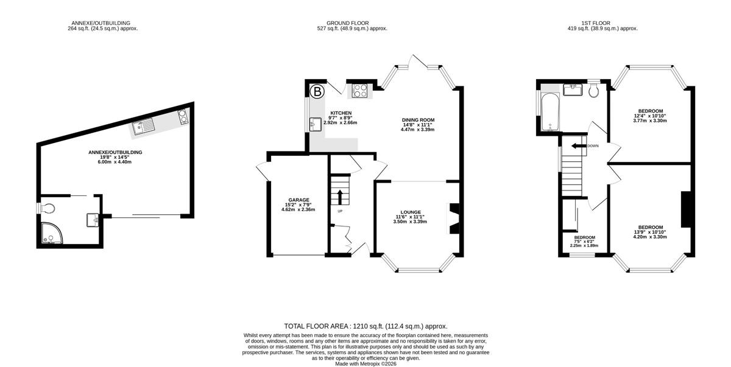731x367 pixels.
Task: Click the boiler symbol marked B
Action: click(317, 91)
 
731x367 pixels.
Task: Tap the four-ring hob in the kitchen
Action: click(359, 91)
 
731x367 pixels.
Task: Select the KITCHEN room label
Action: click(341, 113)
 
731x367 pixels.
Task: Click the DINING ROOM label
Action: click(418, 120)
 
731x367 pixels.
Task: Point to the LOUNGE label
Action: click(411, 212)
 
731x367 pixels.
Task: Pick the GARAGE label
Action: click(298, 200)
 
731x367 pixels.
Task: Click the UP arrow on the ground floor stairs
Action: click(340, 197)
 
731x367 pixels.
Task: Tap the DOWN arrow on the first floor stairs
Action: click(579, 145)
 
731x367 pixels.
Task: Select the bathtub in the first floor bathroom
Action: click(550, 112)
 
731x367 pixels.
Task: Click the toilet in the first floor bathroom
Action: click(593, 90)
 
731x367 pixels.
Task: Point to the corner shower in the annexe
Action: click(52, 233)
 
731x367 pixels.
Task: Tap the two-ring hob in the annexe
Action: click(183, 116)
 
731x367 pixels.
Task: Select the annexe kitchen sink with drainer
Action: click(143, 127)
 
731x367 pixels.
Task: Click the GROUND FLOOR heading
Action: click(348, 23)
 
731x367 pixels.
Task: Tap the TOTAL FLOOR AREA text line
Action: click(365, 326)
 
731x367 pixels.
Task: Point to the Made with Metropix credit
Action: click(365, 364)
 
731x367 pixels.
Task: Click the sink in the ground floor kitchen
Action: click(316, 124)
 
